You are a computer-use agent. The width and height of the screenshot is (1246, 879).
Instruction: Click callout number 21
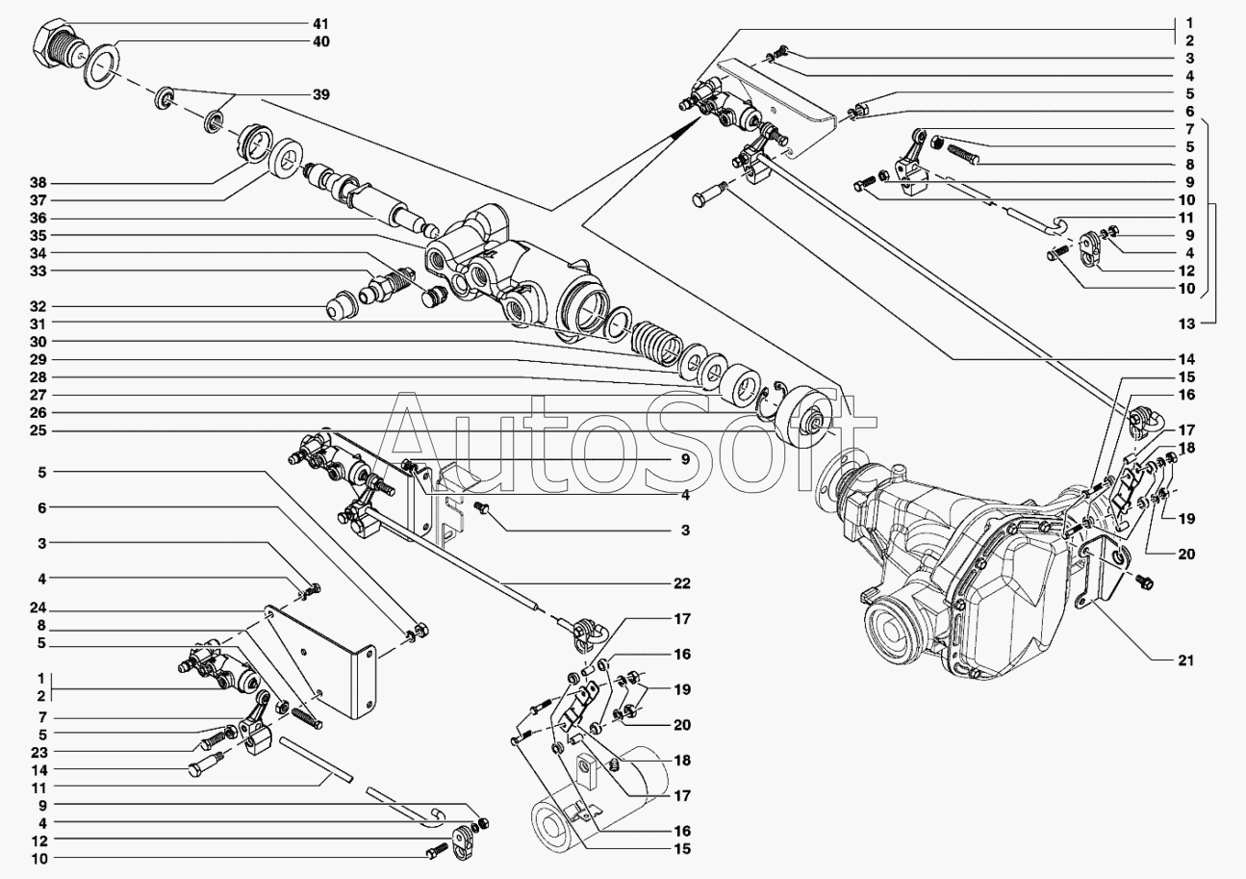(x=1185, y=660)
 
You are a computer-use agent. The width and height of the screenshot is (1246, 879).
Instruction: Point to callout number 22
(x=682, y=583)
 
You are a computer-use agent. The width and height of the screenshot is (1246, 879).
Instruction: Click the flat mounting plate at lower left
(x=322, y=664)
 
